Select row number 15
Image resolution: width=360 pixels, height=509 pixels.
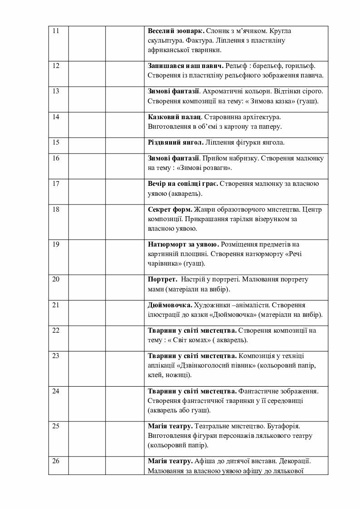tap(56, 142)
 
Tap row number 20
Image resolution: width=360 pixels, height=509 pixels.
tap(56, 279)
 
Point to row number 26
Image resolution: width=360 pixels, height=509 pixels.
tap(56, 461)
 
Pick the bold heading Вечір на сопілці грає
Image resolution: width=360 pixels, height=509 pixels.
tap(183, 184)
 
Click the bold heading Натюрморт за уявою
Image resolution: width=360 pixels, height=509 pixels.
tap(184, 245)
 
